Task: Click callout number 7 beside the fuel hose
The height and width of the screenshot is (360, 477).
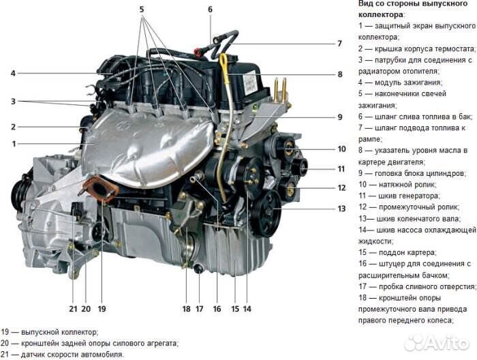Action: (340, 44)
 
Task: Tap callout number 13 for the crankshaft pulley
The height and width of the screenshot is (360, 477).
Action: (341, 209)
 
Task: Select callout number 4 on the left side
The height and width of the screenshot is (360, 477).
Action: (13, 74)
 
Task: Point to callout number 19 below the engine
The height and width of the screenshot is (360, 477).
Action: (102, 309)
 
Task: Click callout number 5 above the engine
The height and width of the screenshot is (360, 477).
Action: (142, 10)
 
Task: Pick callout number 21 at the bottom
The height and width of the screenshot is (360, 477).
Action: (73, 309)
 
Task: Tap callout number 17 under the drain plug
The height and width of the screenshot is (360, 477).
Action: (199, 309)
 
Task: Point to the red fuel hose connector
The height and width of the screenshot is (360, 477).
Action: (198, 52)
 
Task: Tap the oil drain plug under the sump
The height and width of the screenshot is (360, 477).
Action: (198, 269)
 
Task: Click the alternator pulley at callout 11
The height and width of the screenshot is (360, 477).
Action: (298, 167)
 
